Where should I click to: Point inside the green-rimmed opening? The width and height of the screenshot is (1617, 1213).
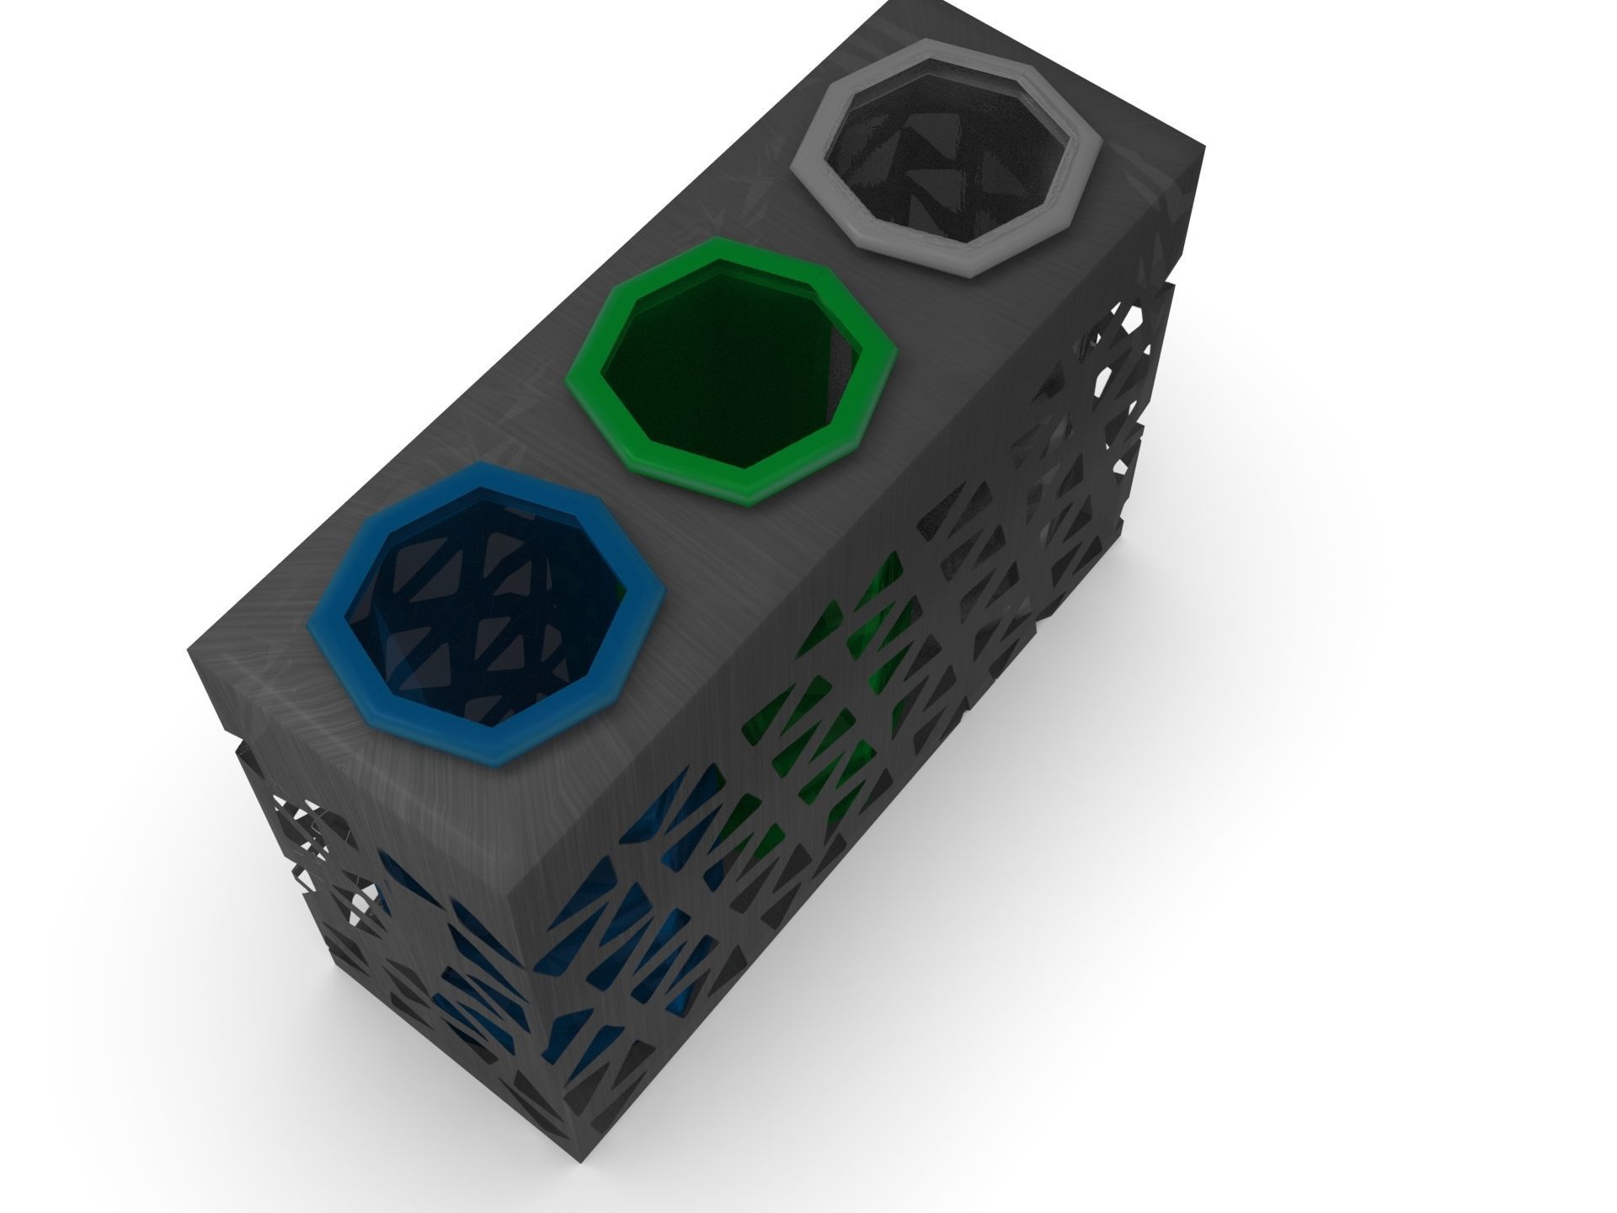coord(724,371)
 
